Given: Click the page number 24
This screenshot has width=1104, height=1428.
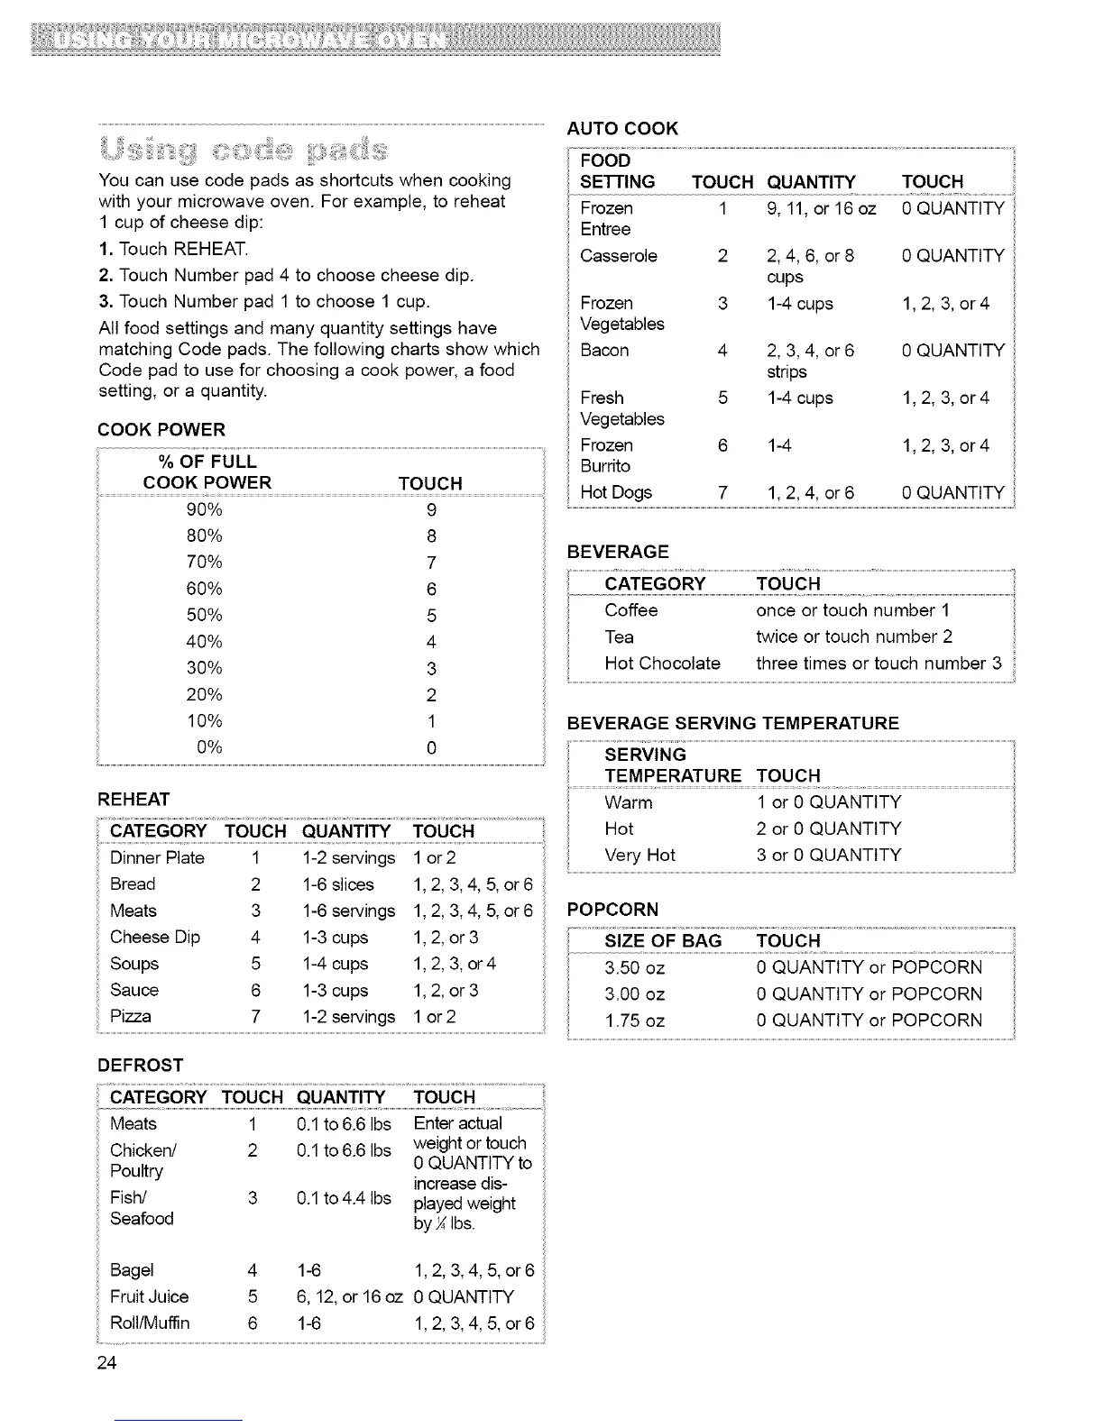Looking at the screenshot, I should pos(107,1362).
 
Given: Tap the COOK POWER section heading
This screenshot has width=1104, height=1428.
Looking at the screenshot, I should pos(161,430).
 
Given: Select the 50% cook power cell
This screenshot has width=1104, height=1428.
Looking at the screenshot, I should pos(204,616).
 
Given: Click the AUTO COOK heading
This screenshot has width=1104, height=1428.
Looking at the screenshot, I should pos(622,128).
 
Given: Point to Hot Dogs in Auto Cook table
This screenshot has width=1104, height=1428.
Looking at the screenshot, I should pos(616,492).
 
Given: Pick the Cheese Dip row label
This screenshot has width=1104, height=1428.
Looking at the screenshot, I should pos(155,938).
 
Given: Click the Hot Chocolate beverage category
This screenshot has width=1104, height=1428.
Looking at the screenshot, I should pos(662,664).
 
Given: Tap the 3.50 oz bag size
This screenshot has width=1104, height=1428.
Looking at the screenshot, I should pos(635,968).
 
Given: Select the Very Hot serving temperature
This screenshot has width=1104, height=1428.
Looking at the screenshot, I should pos(639,855).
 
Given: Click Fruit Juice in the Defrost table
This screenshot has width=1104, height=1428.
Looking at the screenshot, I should pos(149,1296).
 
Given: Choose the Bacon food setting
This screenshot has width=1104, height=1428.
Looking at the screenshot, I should pos(604,351).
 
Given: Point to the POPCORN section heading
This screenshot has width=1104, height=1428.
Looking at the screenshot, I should pos(613,910).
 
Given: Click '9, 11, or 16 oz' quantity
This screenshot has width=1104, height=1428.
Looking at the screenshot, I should pos(821,208).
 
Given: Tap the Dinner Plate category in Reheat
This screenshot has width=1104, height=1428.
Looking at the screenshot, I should pos(157,858).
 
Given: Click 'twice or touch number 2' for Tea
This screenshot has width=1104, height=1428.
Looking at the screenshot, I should pos(853,637).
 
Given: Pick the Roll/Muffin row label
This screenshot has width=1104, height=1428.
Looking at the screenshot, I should pos(150,1323).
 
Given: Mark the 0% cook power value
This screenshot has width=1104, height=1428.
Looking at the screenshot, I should pos(209,747).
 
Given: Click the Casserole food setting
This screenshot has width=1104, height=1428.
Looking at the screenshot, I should pos(619,256).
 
